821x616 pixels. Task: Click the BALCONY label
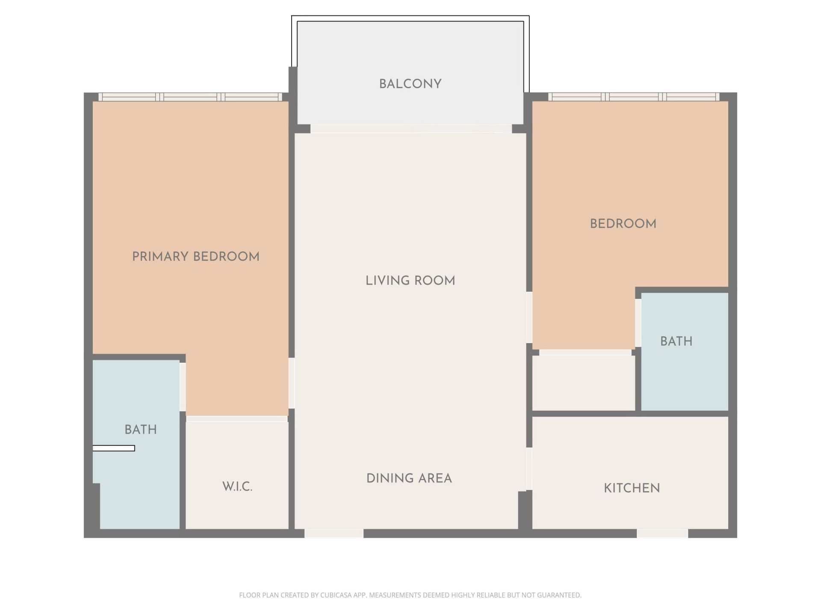[x=410, y=84]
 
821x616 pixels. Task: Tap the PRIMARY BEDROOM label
[x=196, y=257]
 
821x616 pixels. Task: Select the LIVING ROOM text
[x=410, y=281]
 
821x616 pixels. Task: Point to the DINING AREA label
[x=409, y=478]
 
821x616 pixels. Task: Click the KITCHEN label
[x=632, y=488]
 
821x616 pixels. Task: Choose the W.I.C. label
[x=237, y=487]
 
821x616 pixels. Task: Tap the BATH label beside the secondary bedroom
[x=676, y=341]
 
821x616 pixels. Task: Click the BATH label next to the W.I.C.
[x=140, y=429]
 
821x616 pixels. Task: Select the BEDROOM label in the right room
[x=623, y=224]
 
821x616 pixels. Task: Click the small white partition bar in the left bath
[x=114, y=448]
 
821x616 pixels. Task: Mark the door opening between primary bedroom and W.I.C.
[x=237, y=419]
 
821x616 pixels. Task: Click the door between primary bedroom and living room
[x=292, y=383]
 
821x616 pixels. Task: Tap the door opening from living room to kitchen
[x=529, y=469]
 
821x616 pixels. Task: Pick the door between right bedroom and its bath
[x=638, y=323]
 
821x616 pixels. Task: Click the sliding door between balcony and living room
[x=410, y=129]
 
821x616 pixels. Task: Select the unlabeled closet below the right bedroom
[x=583, y=383]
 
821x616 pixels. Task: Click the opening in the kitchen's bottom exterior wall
[x=662, y=533]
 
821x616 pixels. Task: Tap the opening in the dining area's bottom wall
[x=334, y=533]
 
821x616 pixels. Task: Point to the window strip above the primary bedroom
[x=190, y=97]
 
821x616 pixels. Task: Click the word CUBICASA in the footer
[x=336, y=595]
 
